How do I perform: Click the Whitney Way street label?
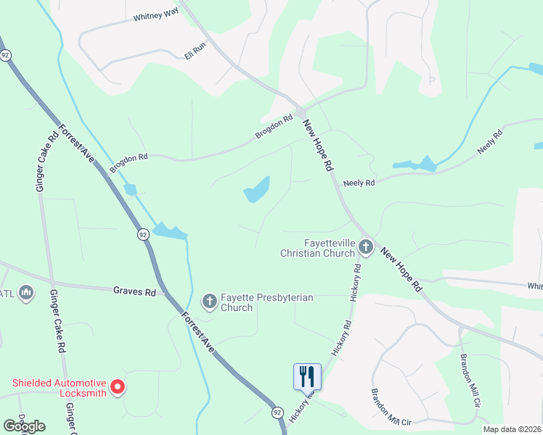coord(155,17)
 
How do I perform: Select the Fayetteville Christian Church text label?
coord(319,248)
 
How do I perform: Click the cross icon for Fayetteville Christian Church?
coord(366,248)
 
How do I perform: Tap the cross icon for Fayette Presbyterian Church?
coord(209,301)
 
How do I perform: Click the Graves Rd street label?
coord(134,292)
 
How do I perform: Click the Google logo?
coord(24,426)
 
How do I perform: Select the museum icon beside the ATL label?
coord(28,293)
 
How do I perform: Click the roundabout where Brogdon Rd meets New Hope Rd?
coord(300,113)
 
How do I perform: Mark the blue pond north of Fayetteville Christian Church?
coord(257,190)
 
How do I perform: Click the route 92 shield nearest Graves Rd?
coord(143,234)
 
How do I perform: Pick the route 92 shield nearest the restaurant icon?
coord(277,412)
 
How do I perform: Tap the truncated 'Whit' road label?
coord(535,286)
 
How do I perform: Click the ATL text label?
coord(7,293)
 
